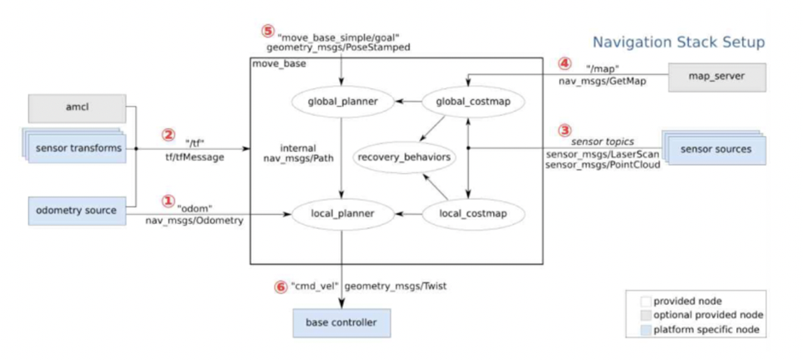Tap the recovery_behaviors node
tap(403, 156)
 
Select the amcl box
tap(77, 108)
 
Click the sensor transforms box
tap(75, 149)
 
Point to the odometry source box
tap(77, 210)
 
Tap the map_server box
tap(716, 77)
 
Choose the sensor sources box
tap(715, 149)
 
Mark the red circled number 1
tap(168, 201)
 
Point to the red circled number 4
tap(564, 62)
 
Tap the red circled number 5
tap(267, 31)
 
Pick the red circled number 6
tap(281, 286)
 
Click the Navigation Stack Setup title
tap(678, 42)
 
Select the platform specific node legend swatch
tap(644, 331)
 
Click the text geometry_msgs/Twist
tap(396, 286)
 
